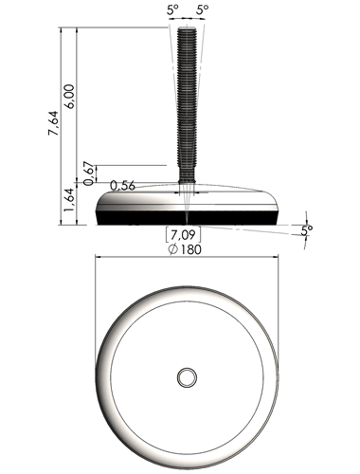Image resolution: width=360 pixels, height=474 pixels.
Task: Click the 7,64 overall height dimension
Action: pos(54,123)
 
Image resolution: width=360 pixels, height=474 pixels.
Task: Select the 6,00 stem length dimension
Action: pos(69,97)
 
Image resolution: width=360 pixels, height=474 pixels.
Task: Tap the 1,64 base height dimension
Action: pos(69,200)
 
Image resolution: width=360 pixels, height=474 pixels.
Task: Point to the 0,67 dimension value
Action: pos(89,173)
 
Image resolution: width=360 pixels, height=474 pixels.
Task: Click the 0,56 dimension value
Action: pos(122,186)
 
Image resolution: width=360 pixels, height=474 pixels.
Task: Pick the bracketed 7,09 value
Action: pos(183,235)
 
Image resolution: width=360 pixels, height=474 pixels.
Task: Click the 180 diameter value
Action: pos(190,249)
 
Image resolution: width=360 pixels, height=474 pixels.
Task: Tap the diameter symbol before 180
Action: pos(172,250)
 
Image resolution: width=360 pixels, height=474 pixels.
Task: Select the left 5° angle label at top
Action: pos(172,9)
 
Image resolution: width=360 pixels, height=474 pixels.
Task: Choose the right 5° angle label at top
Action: pos(203,9)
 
